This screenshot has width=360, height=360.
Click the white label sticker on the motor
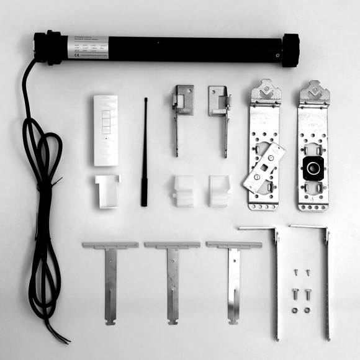coord(88,47)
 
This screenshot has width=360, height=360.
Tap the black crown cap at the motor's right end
coord(290,50)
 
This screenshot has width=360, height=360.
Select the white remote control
coord(106,130)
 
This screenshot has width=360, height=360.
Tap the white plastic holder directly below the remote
coord(107,191)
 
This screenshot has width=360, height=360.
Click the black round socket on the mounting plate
coord(311,167)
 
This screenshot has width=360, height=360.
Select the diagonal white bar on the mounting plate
coord(264,167)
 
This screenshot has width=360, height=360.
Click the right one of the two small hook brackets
coord(220,112)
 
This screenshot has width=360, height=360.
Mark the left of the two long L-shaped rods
coord(276,279)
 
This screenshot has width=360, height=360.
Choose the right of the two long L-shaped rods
coord(326,279)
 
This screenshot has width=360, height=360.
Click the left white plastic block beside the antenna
coord(183,191)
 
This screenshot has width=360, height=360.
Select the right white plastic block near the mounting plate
coord(219,191)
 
